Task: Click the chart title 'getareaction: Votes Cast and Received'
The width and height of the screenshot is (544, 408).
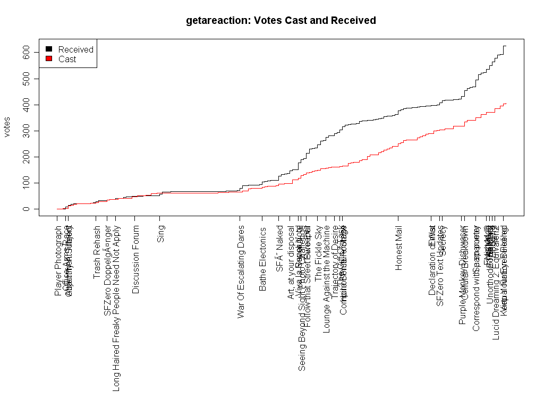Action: (x=281, y=21)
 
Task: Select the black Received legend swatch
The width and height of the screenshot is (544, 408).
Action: (x=49, y=49)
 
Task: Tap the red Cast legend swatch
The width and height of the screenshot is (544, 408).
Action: (x=49, y=59)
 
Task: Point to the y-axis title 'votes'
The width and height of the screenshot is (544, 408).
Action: (x=7, y=127)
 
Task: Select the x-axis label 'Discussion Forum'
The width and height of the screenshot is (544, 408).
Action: (x=135, y=259)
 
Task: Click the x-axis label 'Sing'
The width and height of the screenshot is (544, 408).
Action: (x=160, y=234)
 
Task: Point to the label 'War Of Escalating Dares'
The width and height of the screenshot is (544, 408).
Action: (x=241, y=272)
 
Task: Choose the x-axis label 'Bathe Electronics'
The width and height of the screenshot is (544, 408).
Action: (x=263, y=259)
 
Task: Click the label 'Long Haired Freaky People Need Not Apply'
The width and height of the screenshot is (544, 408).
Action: (x=117, y=309)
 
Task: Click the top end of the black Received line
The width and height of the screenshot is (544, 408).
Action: (x=505, y=46)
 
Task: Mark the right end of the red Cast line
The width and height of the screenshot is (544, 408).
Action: (x=506, y=103)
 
